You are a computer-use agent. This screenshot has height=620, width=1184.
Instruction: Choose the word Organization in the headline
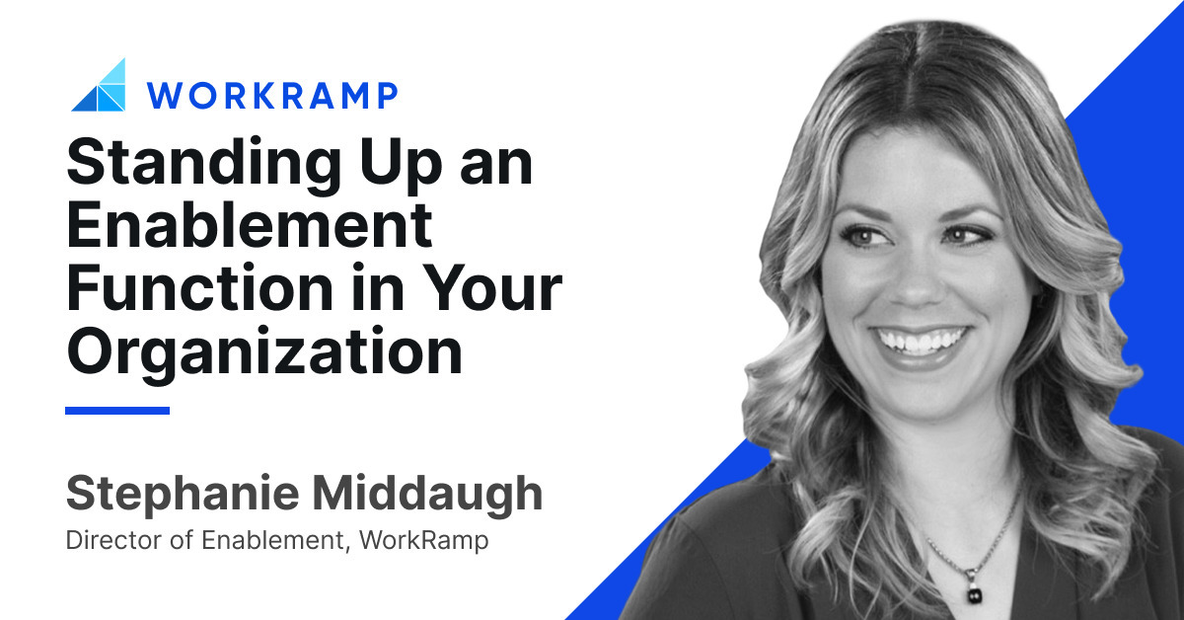point(263,350)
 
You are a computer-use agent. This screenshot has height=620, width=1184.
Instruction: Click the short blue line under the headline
point(117,410)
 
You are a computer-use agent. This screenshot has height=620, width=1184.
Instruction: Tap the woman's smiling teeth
point(920,342)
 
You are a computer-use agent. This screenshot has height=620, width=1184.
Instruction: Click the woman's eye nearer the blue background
point(966,235)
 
